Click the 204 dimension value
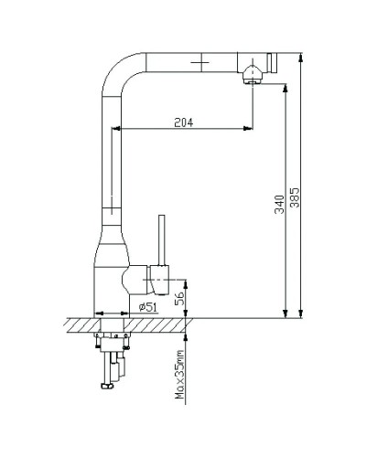(x=184, y=122)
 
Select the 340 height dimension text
(x=279, y=205)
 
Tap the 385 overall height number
(x=295, y=197)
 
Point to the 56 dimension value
(x=179, y=299)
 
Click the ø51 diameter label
(x=148, y=307)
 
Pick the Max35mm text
(x=179, y=375)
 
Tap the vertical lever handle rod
(x=162, y=240)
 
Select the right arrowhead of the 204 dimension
(x=248, y=128)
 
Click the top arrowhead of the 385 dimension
(x=301, y=58)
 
